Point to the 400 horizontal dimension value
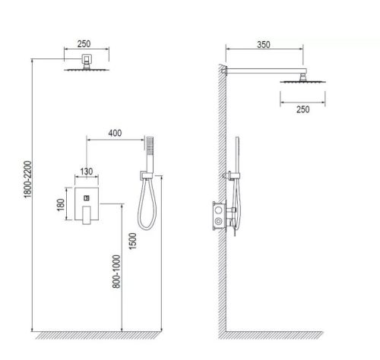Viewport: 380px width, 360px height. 115,134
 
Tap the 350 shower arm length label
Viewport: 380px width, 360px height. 264,44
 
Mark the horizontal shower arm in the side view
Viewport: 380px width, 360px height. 266,71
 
